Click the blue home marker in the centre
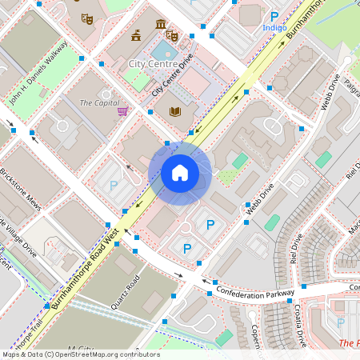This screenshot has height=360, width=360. pyautogui.click(x=180, y=173)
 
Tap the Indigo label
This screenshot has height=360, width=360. pyautogui.click(x=274, y=28)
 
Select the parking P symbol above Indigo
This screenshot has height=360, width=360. pyautogui.click(x=274, y=16)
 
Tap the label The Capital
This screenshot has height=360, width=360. pyautogui.click(x=98, y=102)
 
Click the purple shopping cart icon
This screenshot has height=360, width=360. pyautogui.click(x=122, y=111)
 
